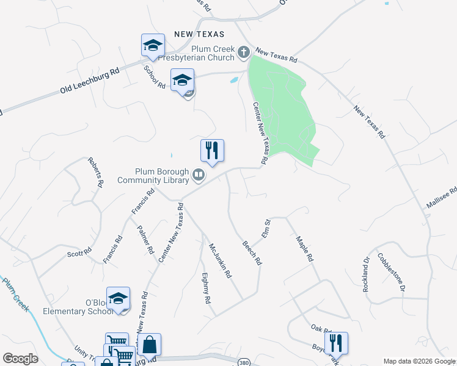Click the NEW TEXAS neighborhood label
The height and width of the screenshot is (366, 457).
click(199, 34)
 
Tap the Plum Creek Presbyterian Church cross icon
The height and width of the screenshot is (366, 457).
click(243, 52)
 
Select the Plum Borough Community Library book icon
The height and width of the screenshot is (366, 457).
click(199, 176)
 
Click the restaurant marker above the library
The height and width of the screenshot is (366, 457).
click(212, 150)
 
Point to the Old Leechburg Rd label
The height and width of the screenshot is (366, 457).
click(90, 81)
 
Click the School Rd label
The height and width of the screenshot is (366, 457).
click(155, 77)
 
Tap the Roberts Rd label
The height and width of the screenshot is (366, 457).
click(96, 172)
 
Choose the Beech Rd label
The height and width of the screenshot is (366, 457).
click(252, 251)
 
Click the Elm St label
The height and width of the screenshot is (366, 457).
click(266, 227)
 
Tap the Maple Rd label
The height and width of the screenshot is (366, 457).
click(304, 248)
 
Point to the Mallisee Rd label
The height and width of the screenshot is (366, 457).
click(441, 198)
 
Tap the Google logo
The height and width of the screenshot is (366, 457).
click(20, 359)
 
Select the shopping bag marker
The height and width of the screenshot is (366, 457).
click(149, 345)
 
